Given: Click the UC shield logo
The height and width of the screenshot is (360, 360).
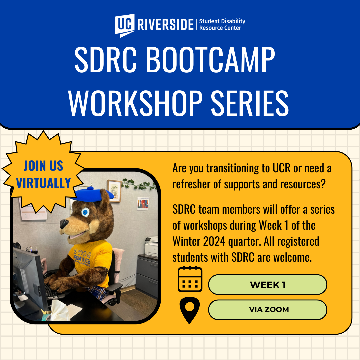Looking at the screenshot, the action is point(125,25).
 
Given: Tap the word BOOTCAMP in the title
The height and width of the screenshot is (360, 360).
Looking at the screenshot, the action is point(210,59).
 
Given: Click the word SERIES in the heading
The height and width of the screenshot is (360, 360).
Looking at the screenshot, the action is point(250,103).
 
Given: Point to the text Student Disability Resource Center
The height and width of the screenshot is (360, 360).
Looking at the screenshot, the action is point(222,24).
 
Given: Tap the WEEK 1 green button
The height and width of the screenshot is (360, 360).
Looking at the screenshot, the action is point(267,285).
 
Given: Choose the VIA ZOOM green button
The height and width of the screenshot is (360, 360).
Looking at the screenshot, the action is point(267,310).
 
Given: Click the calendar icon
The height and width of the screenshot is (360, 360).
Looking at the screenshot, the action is point(190,279).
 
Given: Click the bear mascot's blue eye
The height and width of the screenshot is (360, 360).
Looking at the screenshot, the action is point(85,212).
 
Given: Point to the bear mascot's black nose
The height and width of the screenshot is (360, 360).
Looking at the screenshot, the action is point(64,224).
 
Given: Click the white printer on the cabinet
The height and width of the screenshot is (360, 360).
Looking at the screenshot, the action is point(151,247).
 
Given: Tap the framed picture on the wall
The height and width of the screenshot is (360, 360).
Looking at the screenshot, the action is point(114,191).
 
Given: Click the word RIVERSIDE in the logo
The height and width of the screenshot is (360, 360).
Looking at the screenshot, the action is point(165,25).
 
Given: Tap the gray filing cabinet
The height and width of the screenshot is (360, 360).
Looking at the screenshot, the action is point(147,275).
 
